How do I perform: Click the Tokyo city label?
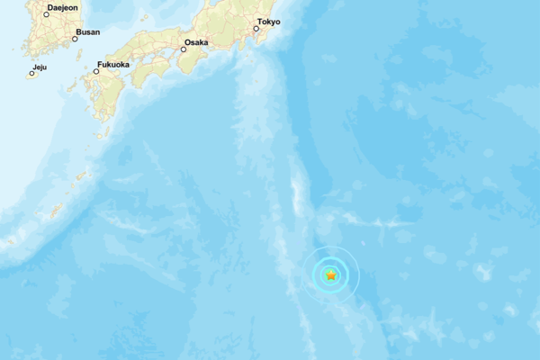pyautogui.click(x=269, y=21)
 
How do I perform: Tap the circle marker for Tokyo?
pyautogui.click(x=256, y=29)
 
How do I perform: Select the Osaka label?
pyautogui.click(x=196, y=41)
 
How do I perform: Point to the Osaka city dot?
pyautogui.click(x=184, y=49)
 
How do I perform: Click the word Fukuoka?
pyautogui.click(x=113, y=64)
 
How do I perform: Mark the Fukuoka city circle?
pyautogui.click(x=96, y=71)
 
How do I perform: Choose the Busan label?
pyautogui.click(x=88, y=31)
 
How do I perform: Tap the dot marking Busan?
pyautogui.click(x=76, y=39)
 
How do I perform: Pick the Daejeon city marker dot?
pyautogui.click(x=47, y=14)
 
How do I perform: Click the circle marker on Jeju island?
pyautogui.click(x=31, y=74)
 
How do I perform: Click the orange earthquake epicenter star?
pyautogui.click(x=331, y=275)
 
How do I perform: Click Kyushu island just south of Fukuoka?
pyautogui.click(x=106, y=94)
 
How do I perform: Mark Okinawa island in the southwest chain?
pyautogui.click(x=56, y=211)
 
